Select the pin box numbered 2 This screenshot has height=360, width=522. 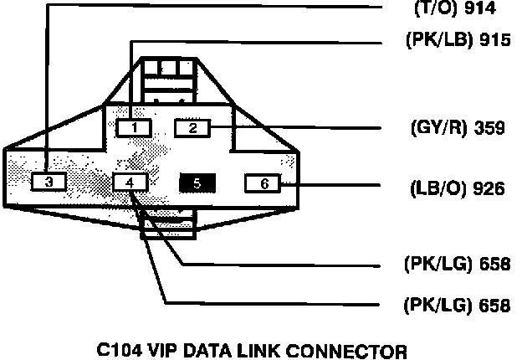192,128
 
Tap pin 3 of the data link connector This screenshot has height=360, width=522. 49,182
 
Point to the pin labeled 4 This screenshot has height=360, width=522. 129,182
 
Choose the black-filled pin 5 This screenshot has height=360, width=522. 197,182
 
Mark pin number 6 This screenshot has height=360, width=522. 264,183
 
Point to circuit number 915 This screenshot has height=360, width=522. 489,42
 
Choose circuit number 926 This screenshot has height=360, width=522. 488,188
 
